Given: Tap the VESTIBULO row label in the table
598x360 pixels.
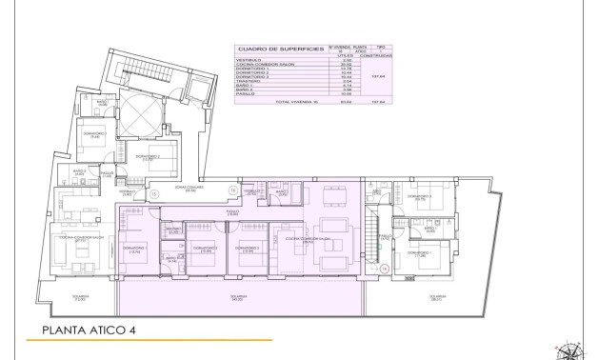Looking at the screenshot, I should tap(249, 59).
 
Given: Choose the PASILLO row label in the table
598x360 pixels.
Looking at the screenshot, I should tap(247, 92).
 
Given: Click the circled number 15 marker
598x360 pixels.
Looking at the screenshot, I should tap(153, 192).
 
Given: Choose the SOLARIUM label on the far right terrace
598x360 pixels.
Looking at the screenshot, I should tap(435, 298).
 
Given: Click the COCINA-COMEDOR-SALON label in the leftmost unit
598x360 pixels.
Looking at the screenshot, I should tap(67, 239).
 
